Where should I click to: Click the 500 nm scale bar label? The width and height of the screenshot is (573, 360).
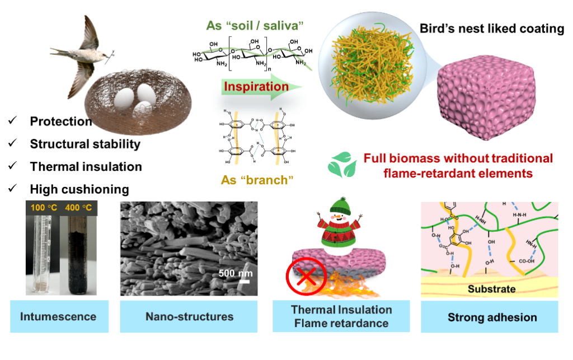click(236, 274)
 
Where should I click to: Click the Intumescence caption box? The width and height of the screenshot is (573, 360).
click(58, 316)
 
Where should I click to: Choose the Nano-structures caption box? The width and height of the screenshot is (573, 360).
click(189, 316)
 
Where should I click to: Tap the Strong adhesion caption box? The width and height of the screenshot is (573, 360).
click(492, 317)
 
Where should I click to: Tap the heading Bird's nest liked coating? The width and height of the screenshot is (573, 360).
click(492, 29)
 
